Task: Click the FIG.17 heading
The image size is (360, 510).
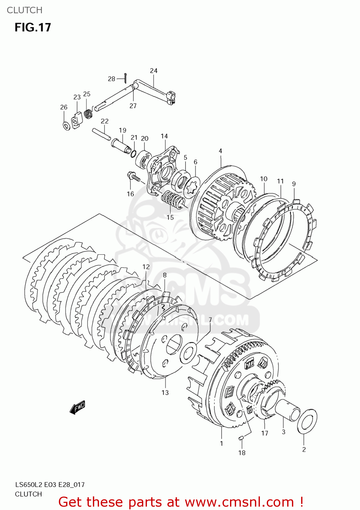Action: [33, 27]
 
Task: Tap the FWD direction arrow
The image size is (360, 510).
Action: [77, 407]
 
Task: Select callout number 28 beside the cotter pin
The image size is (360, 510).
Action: [111, 79]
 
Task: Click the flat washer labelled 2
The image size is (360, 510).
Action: [307, 421]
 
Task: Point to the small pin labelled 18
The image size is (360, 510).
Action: [241, 438]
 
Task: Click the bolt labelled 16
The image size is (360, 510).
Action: [133, 176]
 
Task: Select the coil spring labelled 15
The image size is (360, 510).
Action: [173, 200]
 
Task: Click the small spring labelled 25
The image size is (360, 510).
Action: [88, 113]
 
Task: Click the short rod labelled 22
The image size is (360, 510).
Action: [101, 134]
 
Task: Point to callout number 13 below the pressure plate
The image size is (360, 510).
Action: [165, 393]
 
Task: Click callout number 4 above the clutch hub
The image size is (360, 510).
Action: [220, 151]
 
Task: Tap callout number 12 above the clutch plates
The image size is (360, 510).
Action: [146, 267]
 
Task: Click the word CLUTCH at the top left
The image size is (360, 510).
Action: [24, 10]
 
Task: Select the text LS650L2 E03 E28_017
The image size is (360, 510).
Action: [50, 485]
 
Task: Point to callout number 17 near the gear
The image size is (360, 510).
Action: [265, 433]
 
